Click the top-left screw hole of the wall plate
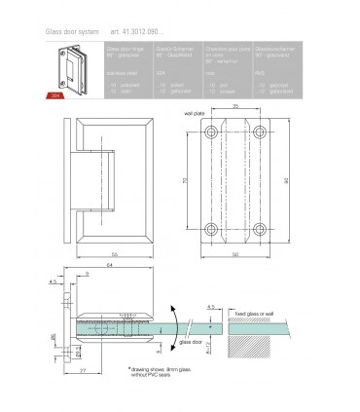tap(209, 132)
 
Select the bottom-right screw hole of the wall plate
tap(261, 231)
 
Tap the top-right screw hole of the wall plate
tap(261, 132)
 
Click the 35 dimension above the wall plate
tap(235, 121)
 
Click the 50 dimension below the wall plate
tap(235, 254)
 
